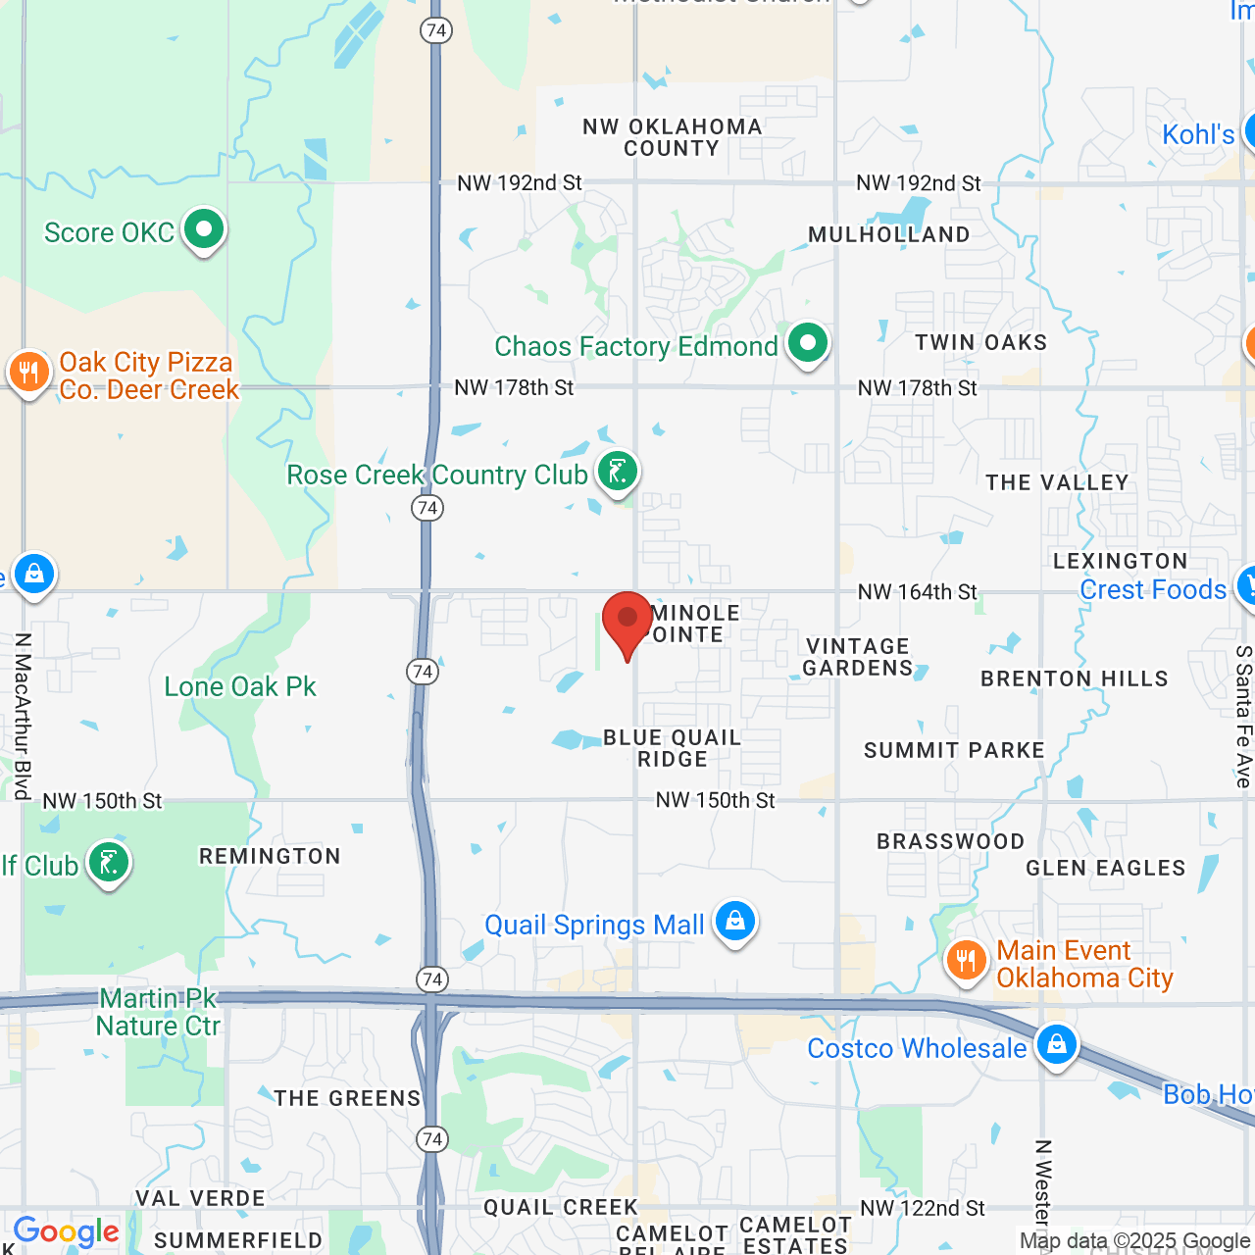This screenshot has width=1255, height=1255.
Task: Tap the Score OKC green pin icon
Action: pos(204,230)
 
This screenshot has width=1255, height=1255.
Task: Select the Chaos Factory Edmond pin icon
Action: pos(808,344)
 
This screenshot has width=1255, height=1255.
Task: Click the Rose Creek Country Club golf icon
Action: pos(618,473)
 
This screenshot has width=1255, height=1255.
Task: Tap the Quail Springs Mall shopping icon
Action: pos(734,922)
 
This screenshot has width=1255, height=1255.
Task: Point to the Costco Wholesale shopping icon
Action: pos(1056,1045)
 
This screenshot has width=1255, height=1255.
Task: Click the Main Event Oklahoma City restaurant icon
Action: pos(966,961)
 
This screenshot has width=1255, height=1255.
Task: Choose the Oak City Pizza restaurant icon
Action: pos(29,374)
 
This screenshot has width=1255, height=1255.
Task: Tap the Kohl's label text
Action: pos(1198,134)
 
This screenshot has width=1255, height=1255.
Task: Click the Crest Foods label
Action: pos(1153,589)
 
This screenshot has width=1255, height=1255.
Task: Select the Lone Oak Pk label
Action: pos(240,686)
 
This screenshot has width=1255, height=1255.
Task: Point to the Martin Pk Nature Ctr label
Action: pos(158,1013)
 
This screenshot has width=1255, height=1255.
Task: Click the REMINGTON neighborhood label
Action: pos(271,856)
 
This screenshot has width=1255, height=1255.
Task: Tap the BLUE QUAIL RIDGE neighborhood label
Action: pos(673,748)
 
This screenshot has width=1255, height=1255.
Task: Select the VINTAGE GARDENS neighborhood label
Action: pos(858,657)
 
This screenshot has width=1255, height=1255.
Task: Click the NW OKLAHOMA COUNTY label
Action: pos(673,137)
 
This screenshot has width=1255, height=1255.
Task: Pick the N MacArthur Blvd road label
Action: pos(23,716)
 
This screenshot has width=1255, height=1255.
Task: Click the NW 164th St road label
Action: pos(918,592)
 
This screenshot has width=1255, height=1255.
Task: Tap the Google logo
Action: pos(67,1232)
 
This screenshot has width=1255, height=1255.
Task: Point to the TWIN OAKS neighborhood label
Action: pos(981,342)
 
